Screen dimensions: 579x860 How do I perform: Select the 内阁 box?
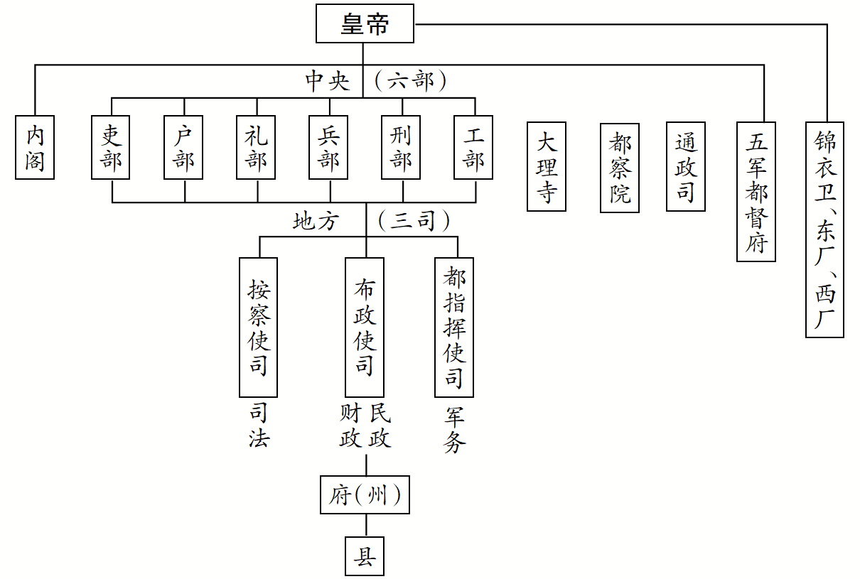tap(35, 147)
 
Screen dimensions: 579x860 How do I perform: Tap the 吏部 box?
tap(112, 147)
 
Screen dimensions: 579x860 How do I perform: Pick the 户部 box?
tap(184, 147)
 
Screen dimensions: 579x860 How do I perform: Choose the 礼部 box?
tap(256, 147)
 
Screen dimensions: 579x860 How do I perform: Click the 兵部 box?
tap(328, 147)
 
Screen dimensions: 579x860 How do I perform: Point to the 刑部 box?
tap(402, 147)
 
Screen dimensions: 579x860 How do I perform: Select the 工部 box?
tap(474, 147)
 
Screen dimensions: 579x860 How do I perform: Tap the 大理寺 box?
tap(546, 167)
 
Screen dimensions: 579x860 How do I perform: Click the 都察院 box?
tap(619, 167)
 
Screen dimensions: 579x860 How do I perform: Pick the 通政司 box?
tap(685, 167)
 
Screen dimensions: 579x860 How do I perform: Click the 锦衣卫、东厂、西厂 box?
tap(824, 229)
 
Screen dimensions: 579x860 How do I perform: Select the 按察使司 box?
tap(259, 327)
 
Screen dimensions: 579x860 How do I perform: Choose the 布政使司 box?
tap(365, 327)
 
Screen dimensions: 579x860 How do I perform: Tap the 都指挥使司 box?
tap(454, 327)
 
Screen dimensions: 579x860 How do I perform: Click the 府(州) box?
tap(365, 495)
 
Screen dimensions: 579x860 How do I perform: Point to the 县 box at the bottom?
tap(365, 556)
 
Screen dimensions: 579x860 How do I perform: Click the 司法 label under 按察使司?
tap(259, 426)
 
